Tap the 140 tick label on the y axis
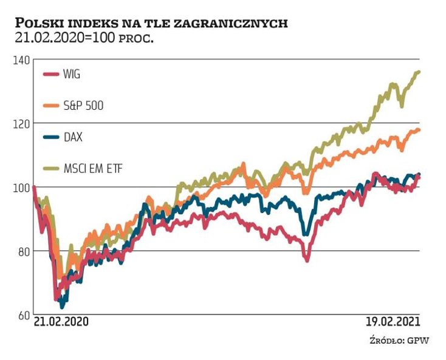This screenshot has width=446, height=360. pos(21,60)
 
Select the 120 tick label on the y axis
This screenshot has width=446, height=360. pos(21,124)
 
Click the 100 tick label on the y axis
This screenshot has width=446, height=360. pos(21,188)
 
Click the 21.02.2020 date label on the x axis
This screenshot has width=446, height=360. pos(61,322)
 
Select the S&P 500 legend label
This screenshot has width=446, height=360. pos(83,106)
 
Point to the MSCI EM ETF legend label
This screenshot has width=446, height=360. pos(93,168)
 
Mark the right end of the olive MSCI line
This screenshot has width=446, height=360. pos(419,72)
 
